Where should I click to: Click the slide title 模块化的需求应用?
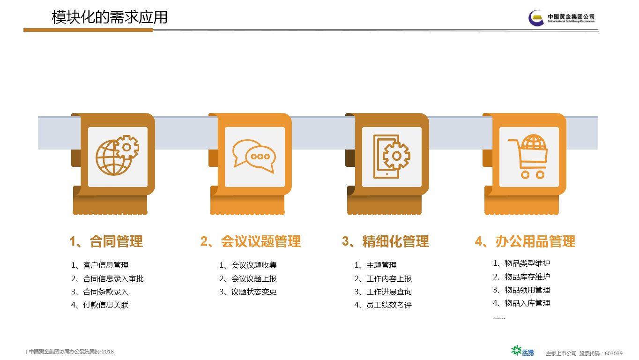109,17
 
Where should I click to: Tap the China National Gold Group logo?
561,18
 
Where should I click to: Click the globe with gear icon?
117,155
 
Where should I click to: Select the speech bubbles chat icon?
254,156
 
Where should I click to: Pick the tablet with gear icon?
392,157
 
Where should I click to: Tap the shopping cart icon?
528,157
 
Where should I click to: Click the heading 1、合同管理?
106,241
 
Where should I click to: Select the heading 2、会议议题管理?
251,241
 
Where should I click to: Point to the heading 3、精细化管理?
386,241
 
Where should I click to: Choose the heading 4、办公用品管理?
525,241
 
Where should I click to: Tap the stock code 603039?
613,353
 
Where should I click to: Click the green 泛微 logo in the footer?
522,351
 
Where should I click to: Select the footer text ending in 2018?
71,352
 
